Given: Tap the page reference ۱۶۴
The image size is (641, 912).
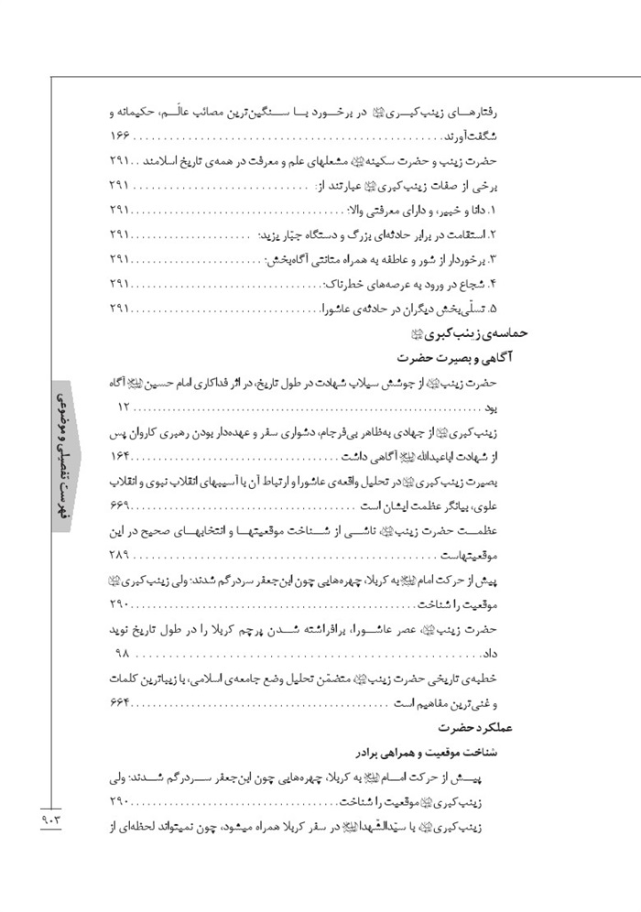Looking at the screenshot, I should pyautogui.click(x=123, y=457).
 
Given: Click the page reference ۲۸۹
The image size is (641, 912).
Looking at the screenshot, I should pyautogui.click(x=123, y=556).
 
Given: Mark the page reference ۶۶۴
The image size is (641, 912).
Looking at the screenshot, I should pyautogui.click(x=123, y=702).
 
